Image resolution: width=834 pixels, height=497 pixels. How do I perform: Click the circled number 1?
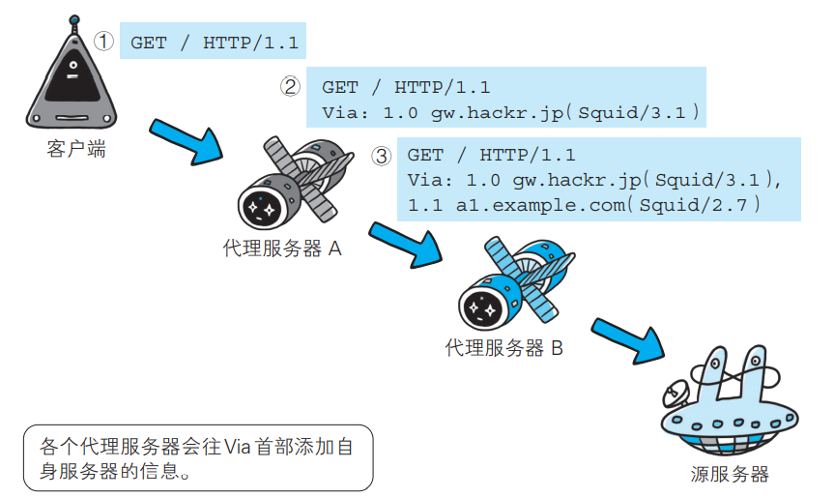(x=103, y=42)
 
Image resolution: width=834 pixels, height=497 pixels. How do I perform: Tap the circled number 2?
(x=291, y=86)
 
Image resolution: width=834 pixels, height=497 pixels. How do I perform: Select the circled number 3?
(x=382, y=156)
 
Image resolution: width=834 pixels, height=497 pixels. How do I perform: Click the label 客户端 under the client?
(x=76, y=149)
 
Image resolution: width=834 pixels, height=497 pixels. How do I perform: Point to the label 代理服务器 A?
(x=282, y=248)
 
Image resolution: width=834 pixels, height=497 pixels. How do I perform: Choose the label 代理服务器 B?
(x=504, y=348)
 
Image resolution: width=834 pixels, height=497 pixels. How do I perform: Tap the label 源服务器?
(x=730, y=474)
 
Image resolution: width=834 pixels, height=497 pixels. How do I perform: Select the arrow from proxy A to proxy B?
(x=404, y=244)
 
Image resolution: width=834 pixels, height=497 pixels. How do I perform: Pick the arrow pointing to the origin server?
(x=627, y=340)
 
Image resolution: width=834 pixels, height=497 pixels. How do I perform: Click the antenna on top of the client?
(x=74, y=24)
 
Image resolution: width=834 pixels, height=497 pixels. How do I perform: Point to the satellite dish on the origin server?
(x=676, y=393)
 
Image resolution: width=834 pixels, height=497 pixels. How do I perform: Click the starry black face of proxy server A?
(x=261, y=208)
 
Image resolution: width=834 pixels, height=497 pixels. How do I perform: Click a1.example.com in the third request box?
(x=540, y=205)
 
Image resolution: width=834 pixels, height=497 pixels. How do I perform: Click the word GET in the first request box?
(x=149, y=43)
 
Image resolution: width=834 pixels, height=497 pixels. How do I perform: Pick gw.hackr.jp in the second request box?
(x=498, y=113)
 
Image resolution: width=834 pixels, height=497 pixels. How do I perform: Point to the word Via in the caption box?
(x=237, y=447)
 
